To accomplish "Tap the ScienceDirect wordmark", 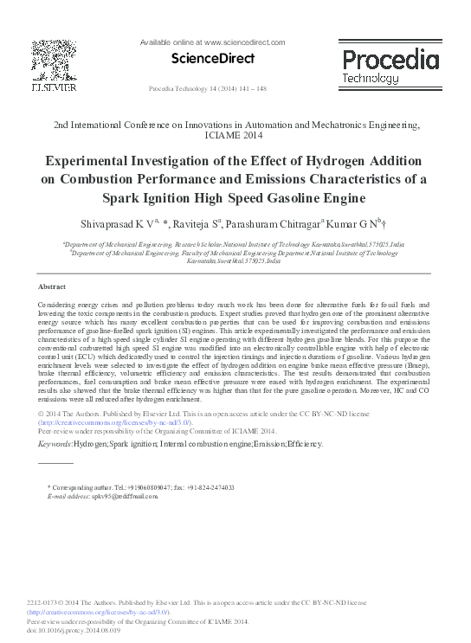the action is click(x=218, y=59).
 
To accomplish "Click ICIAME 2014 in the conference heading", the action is click(x=235, y=136).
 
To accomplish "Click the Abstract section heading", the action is click(x=54, y=286).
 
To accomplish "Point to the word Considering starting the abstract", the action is click(x=60, y=307).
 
